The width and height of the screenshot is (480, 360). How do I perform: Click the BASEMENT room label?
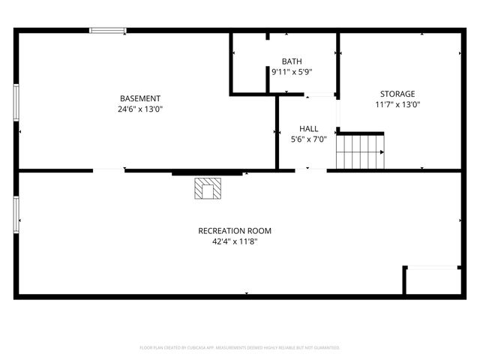tap(140, 98)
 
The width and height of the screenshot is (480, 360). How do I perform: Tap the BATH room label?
tap(291, 61)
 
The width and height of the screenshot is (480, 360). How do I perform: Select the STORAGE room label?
tap(397, 94)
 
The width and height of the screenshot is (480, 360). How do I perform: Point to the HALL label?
tap(308, 128)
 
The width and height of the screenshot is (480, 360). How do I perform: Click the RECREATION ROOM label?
tap(235, 231)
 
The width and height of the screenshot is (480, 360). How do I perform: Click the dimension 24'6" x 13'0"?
tap(140, 109)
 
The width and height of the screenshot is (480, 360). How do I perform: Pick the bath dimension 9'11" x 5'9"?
tap(291, 72)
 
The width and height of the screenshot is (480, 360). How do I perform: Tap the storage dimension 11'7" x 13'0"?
tap(397, 105)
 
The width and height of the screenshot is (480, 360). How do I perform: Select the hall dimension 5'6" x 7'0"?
tap(308, 139)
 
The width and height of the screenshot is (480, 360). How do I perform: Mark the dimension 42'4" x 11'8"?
tap(235, 241)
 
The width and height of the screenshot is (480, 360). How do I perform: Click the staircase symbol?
tap(360, 151)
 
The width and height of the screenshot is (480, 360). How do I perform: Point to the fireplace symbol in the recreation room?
tap(208, 188)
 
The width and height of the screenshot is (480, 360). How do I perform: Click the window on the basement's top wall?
tap(109, 30)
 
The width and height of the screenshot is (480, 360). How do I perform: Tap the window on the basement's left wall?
tap(16, 107)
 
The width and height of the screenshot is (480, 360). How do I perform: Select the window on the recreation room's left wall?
tap(16, 214)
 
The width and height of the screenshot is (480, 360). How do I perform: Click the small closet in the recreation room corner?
tap(432, 280)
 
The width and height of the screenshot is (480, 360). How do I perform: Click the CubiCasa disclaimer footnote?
tap(240, 348)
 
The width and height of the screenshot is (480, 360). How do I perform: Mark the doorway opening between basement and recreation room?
tap(109, 171)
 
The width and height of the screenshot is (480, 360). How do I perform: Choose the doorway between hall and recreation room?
tap(310, 171)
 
